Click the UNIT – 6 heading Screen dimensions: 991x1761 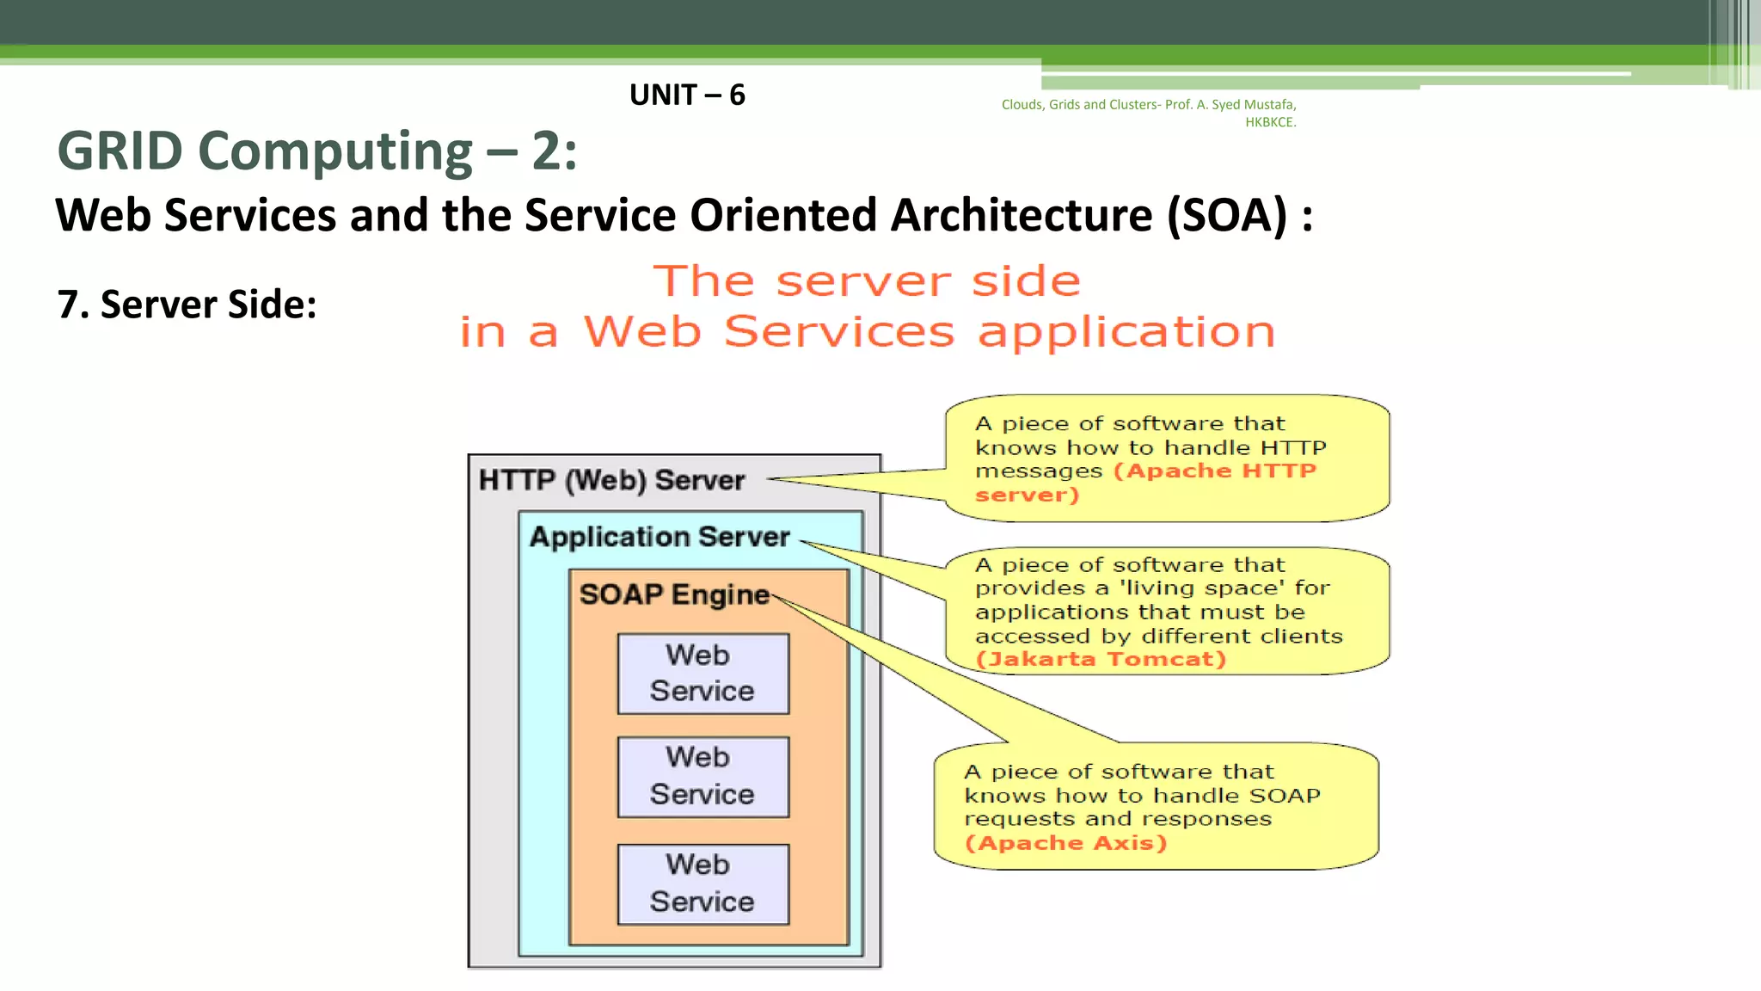[x=687, y=95]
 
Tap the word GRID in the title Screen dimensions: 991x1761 [x=120, y=151]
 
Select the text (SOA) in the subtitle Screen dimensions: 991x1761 [x=1227, y=215]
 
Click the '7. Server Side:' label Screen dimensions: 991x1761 [x=187, y=305]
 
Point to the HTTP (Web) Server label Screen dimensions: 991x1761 [x=611, y=480]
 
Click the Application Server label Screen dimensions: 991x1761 [x=660, y=537]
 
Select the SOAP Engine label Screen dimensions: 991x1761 [x=674, y=594]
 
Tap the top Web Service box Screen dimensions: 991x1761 [x=703, y=674]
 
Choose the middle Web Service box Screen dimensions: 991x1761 [x=703, y=776]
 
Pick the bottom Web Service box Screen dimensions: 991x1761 [x=703, y=883]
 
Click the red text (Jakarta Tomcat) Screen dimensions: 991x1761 [x=1101, y=660]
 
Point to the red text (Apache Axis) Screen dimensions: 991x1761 [x=1066, y=843]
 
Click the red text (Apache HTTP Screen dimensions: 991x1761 [x=1215, y=471]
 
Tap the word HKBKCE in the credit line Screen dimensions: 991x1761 [x=1269, y=122]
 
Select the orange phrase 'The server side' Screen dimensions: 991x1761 [x=867, y=281]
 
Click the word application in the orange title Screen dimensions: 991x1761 [x=1126, y=332]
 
